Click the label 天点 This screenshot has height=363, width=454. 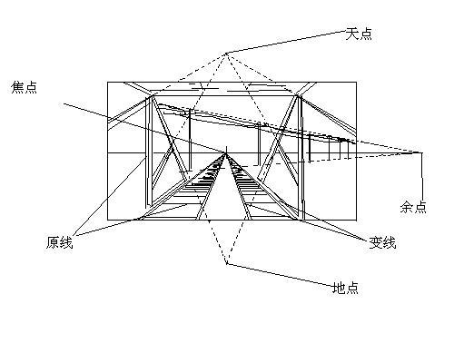click(359, 34)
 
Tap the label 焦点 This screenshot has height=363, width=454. click(24, 87)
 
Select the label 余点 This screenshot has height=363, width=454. click(413, 207)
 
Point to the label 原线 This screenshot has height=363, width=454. click(60, 242)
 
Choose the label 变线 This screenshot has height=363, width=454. click(382, 242)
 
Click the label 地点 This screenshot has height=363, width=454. click(345, 288)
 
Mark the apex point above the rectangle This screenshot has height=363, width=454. click(226, 54)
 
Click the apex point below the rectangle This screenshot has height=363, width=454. click(227, 263)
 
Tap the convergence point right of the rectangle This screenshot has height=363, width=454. click(421, 152)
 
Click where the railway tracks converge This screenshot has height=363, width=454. click(226, 153)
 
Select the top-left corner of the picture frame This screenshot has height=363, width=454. click(108, 82)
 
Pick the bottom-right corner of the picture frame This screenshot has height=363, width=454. click(356, 220)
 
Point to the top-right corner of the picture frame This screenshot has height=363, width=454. click(356, 82)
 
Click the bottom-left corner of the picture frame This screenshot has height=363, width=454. click(108, 220)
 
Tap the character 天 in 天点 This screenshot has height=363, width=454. click(352, 34)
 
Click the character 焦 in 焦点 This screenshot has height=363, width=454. click(17, 87)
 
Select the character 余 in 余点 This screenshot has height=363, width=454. click(407, 207)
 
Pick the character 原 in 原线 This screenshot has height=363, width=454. click(53, 242)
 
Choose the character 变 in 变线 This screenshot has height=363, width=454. click(376, 242)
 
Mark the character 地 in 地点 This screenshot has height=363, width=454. click(339, 288)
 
